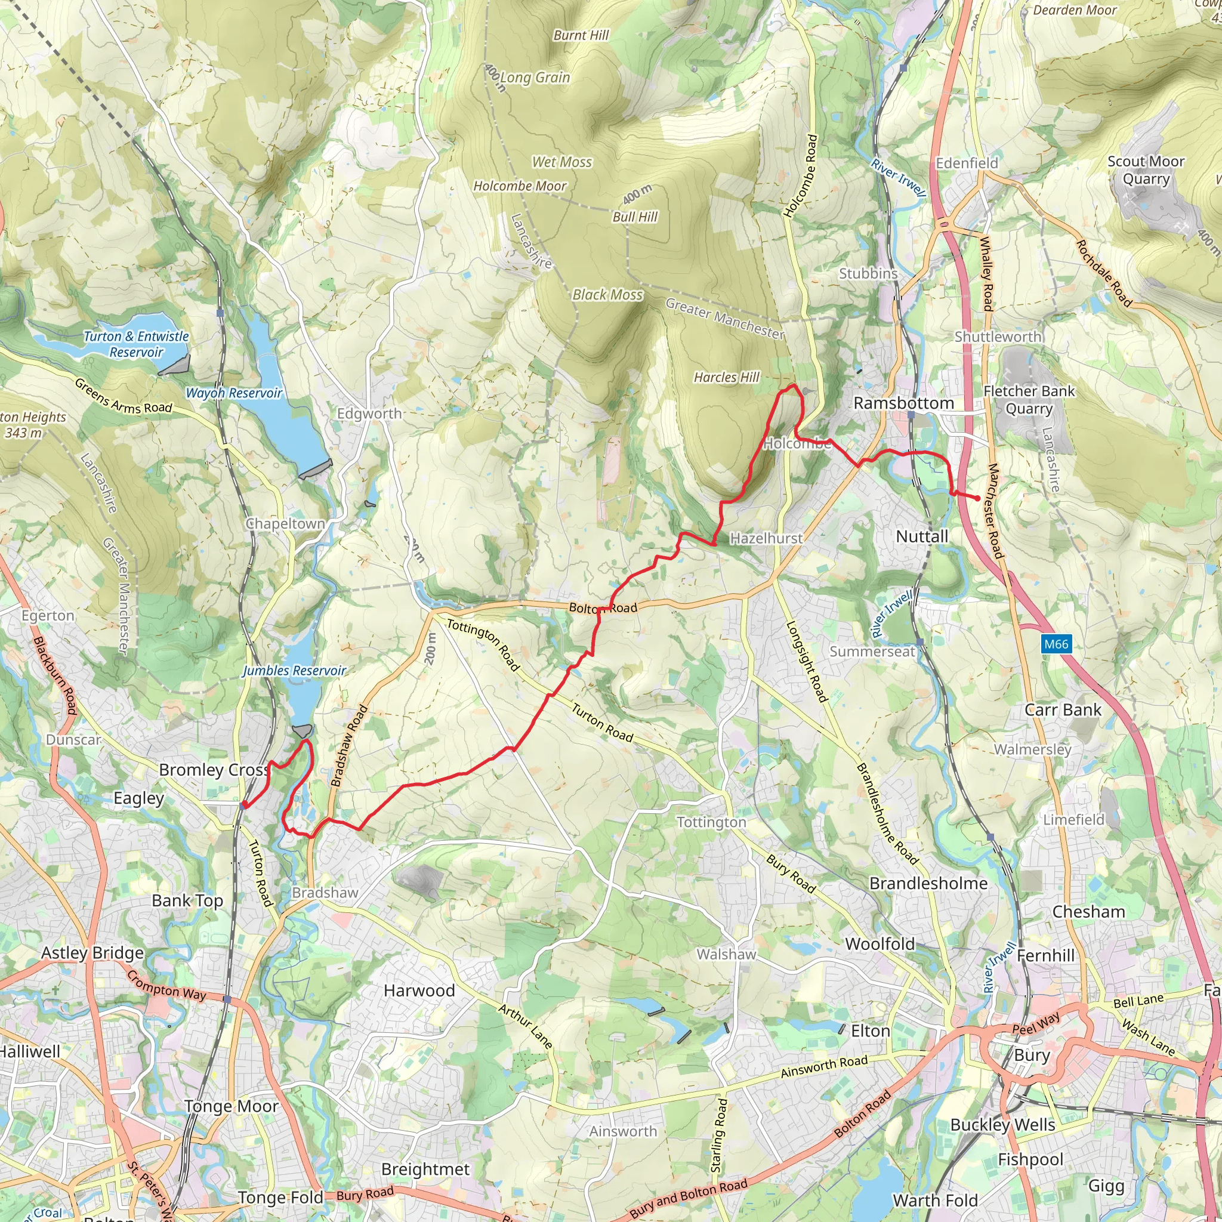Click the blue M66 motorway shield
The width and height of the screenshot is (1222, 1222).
[1056, 644]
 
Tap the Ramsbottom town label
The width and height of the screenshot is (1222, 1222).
[903, 403]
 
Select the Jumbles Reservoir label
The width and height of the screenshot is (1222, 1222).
[294, 671]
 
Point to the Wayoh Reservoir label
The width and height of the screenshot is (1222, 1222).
[234, 393]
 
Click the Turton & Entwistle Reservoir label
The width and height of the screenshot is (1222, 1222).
[136, 344]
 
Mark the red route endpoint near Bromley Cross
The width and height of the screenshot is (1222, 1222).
[243, 804]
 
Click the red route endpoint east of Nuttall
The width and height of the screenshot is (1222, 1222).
[977, 498]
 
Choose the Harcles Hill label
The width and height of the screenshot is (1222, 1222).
[726, 377]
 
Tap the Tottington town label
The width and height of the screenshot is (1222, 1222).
[712, 822]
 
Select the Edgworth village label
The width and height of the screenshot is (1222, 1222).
[369, 413]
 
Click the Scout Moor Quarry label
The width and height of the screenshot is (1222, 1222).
[1146, 169]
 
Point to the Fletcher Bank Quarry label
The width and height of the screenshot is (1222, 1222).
[1029, 399]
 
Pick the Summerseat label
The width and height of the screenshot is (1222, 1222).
[872, 651]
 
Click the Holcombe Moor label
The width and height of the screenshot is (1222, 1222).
[520, 186]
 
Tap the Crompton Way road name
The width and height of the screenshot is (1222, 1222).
[166, 986]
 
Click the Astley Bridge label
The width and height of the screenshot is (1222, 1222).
[92, 952]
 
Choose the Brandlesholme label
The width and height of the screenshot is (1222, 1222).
[928, 883]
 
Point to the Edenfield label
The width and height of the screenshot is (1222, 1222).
[967, 163]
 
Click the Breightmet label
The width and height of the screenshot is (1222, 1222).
[425, 1169]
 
